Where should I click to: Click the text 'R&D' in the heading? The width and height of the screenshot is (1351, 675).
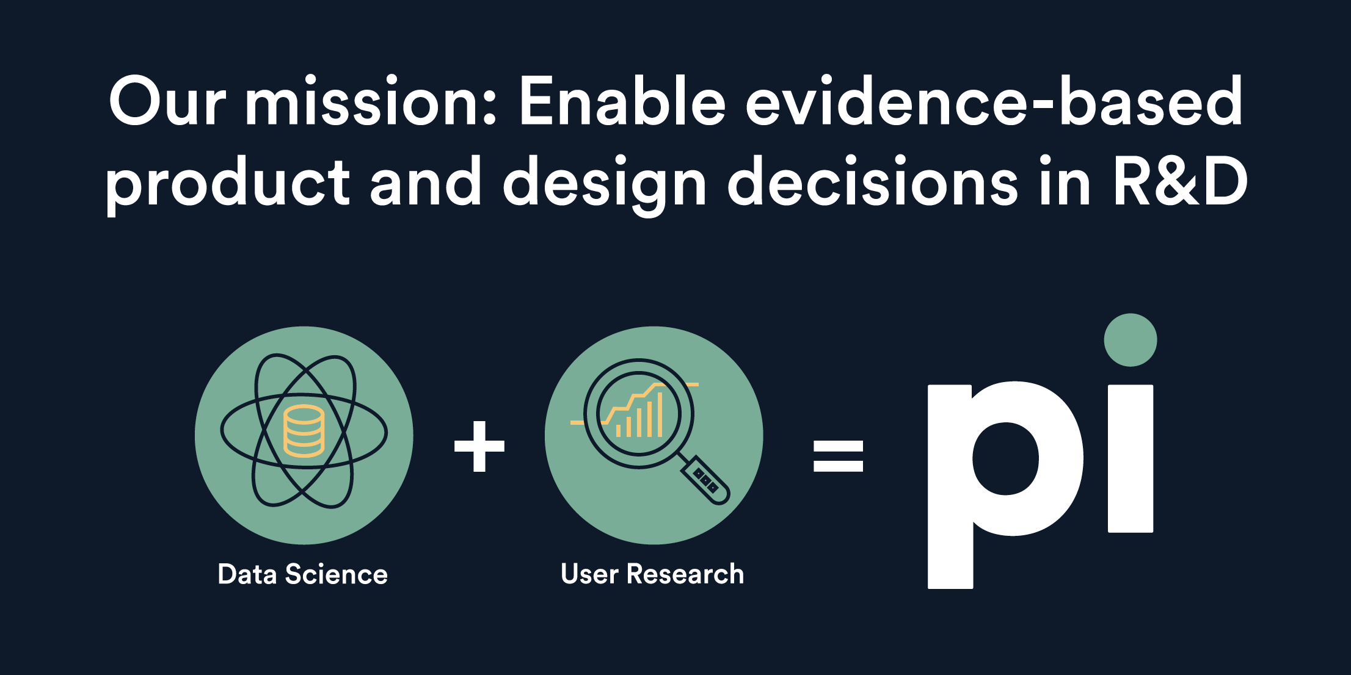[x=1180, y=181]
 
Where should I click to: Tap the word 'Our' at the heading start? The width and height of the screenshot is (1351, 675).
[x=167, y=101]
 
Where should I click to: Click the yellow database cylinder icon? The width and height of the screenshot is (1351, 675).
[x=304, y=431]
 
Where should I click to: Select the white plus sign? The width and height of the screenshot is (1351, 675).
[x=479, y=447]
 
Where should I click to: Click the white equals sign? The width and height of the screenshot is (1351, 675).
[x=838, y=456]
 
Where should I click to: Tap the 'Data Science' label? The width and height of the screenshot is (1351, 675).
[x=303, y=574]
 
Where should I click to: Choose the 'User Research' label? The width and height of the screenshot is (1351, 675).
[x=652, y=574]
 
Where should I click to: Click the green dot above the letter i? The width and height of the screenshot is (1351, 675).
[x=1131, y=340]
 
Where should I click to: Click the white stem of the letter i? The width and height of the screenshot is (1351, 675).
[x=1131, y=458]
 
